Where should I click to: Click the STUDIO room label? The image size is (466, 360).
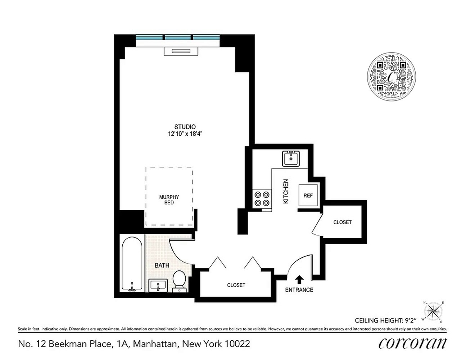tap(185, 127)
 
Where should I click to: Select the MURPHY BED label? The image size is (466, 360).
tap(169, 200)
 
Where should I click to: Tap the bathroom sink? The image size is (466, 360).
tap(158, 285)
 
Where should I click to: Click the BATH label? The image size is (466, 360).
tap(162, 265)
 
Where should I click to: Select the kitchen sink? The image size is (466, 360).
tap(291, 158)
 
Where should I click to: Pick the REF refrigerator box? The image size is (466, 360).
tap(308, 195)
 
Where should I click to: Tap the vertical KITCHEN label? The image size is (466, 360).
tap(286, 192)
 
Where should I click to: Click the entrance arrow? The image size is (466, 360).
tap(299, 279)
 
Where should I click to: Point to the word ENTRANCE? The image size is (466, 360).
tap(299, 290)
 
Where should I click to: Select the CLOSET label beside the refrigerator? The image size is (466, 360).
tap(342, 222)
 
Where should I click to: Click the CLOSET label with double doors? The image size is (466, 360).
tap(236, 285)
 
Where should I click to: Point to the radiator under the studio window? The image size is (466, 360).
tap(181, 51)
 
